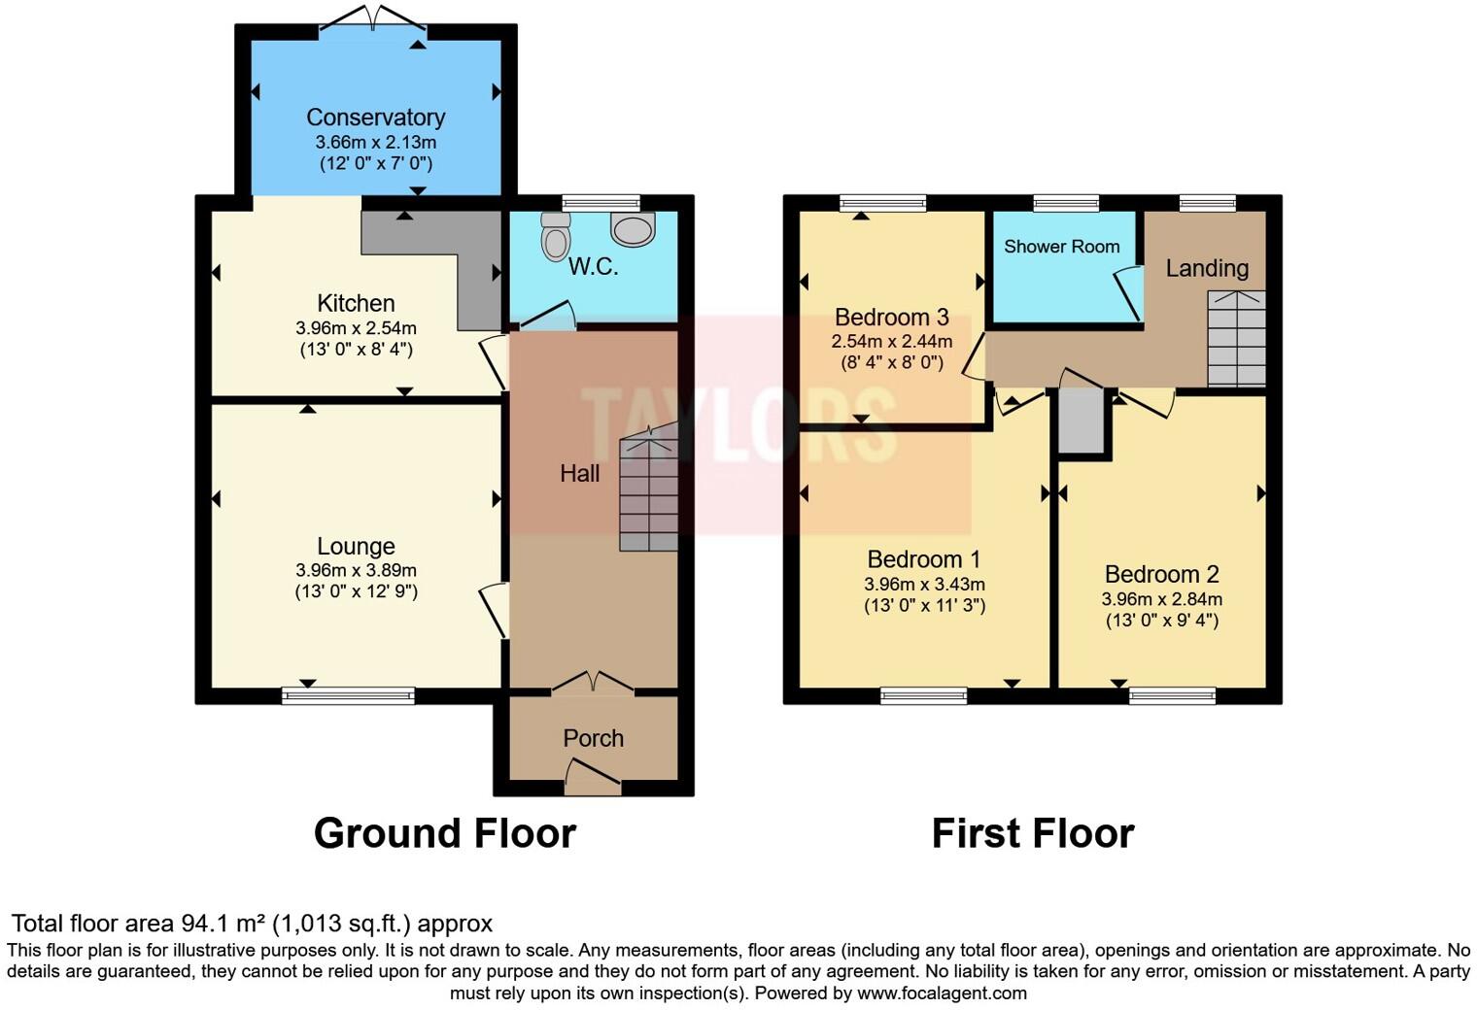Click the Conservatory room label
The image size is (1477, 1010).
375,118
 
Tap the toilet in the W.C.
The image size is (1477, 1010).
556,236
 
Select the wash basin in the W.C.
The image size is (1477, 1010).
633,229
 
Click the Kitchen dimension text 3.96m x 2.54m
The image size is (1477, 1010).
356,328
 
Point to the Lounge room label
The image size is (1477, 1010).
356,546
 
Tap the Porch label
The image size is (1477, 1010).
593,738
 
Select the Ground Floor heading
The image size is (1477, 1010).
444,833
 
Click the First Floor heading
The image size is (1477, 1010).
1032,833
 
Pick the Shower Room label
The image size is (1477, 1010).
1061,247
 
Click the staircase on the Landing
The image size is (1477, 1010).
1236,338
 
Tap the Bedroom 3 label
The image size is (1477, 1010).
891,318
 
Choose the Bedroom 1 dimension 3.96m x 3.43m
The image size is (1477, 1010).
924,585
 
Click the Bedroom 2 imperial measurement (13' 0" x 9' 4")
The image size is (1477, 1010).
1161,621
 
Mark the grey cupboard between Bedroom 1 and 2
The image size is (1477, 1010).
1081,421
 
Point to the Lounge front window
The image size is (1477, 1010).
348,695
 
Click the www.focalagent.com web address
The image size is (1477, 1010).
942,993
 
